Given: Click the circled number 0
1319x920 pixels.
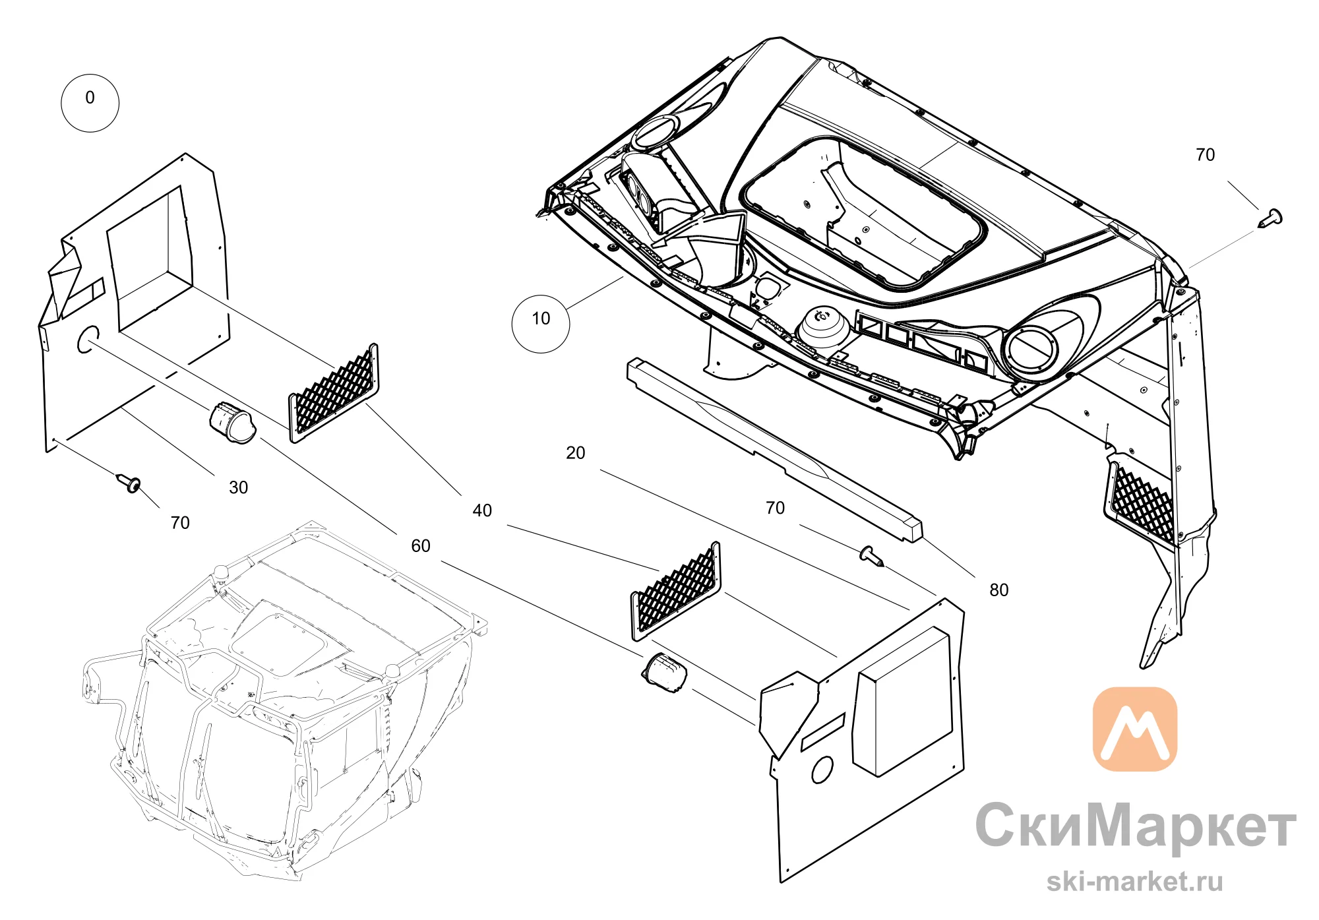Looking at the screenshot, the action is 90,104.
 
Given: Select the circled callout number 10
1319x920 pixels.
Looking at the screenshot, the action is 541,324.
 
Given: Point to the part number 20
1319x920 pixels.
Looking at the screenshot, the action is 576,453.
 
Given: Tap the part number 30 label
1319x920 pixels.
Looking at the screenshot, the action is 238,487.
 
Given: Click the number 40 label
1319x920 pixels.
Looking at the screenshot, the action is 482,510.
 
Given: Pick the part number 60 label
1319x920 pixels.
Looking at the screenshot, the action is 421,546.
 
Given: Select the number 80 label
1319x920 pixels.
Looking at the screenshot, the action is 999,590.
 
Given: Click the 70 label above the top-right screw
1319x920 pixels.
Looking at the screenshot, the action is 1206,155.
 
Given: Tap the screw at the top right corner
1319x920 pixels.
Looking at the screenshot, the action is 1270,218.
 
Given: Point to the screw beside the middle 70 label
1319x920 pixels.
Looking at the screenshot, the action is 872,556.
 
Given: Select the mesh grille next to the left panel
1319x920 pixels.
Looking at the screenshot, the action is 334,392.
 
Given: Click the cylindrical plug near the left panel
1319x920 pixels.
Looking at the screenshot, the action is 233,422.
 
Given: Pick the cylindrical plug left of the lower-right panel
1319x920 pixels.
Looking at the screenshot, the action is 665,673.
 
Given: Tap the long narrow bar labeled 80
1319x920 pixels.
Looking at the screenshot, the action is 775,450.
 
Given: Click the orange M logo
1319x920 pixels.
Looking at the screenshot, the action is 1135,729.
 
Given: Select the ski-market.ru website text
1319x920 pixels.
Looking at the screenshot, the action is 1135,881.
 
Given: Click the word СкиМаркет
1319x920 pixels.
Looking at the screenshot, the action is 1136,826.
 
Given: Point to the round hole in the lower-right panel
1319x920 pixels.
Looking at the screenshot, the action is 822,769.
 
